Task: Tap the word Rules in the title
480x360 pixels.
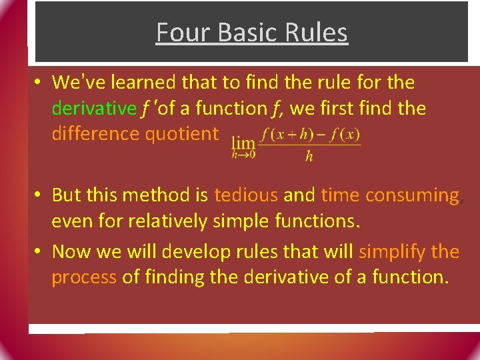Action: pyautogui.click(x=317, y=32)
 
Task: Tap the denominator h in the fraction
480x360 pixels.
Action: pyautogui.click(x=309, y=157)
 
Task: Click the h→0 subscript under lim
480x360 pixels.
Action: pyautogui.click(x=243, y=155)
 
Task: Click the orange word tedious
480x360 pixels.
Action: pyautogui.click(x=246, y=195)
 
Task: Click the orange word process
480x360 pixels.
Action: pyautogui.click(x=84, y=277)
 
